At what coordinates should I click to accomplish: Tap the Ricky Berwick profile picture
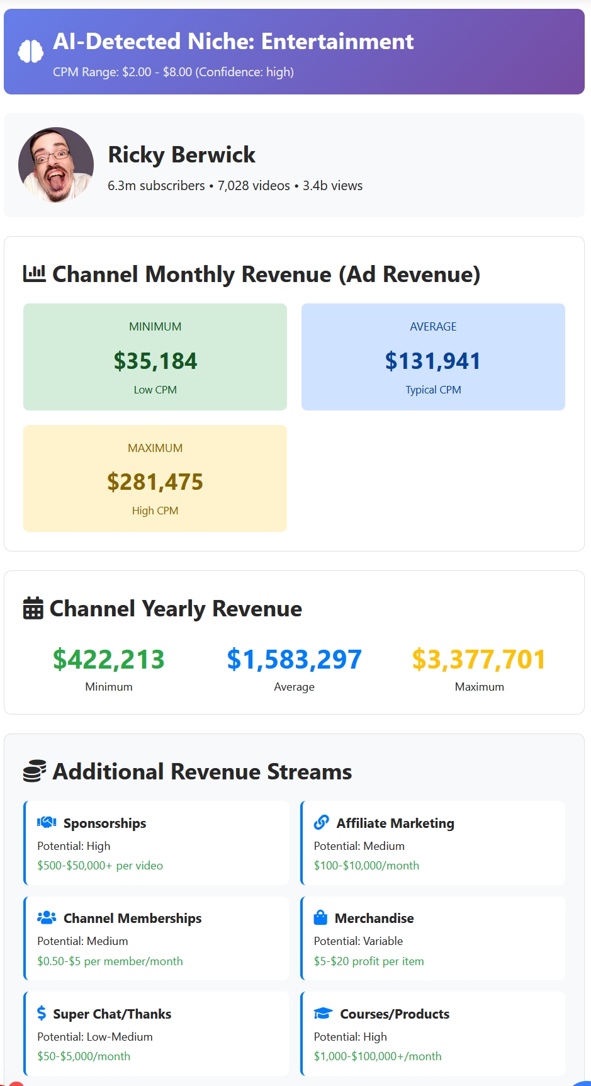[x=56, y=165]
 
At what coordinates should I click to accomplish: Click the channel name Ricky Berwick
[x=181, y=155]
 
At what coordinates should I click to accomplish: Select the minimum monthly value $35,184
[x=155, y=361]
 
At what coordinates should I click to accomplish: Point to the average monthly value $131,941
[x=433, y=361]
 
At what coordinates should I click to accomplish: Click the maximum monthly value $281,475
[x=155, y=482]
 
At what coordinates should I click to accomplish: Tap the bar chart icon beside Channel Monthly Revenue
[x=35, y=274]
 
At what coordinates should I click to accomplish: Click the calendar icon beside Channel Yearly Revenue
[x=33, y=608]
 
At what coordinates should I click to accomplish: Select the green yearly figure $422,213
[x=109, y=659]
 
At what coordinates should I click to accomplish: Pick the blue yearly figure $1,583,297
[x=294, y=659]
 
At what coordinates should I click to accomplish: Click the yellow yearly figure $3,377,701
[x=479, y=659]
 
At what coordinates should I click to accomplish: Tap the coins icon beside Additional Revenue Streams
[x=35, y=771]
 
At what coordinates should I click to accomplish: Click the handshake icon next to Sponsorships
[x=47, y=822]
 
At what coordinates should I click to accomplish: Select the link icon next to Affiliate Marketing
[x=322, y=822]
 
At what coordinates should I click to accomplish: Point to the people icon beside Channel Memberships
[x=47, y=918]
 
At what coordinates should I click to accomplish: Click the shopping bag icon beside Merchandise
[x=320, y=917]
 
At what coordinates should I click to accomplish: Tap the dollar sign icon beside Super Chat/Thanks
[x=42, y=1013]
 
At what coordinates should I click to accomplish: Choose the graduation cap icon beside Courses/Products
[x=323, y=1013]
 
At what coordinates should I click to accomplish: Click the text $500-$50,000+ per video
[x=100, y=866]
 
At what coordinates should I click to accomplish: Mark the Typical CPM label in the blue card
[x=433, y=390]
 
